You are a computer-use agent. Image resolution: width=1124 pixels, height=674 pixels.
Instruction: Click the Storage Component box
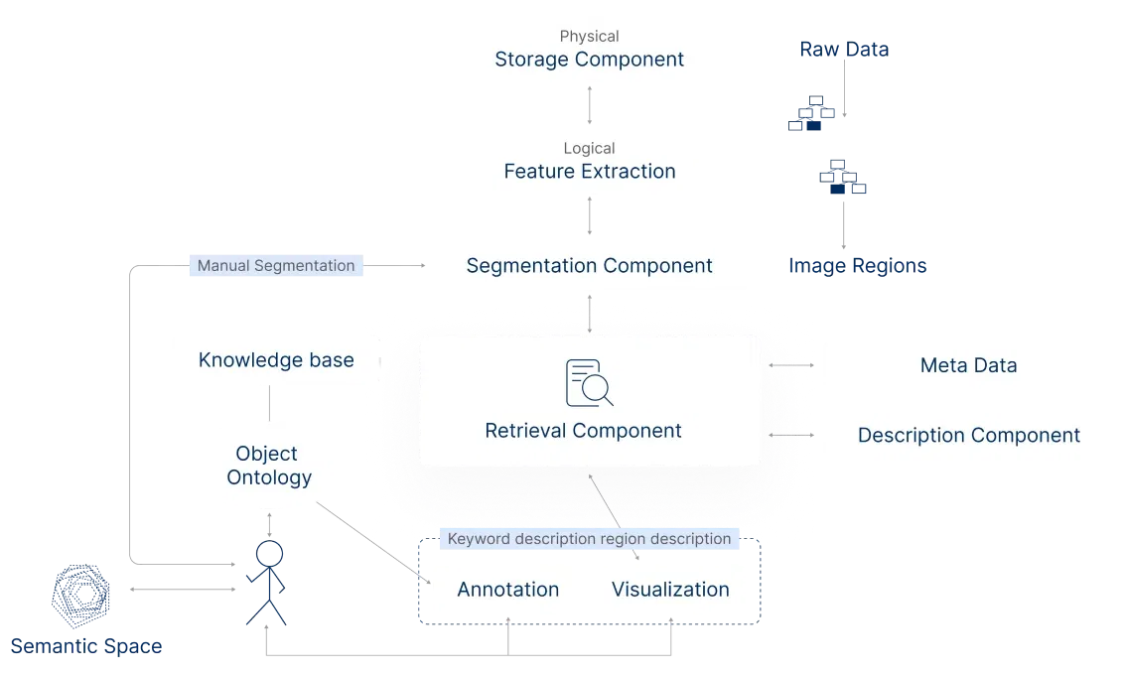point(589,51)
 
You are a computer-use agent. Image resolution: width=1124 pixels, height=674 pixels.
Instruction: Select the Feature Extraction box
point(589,162)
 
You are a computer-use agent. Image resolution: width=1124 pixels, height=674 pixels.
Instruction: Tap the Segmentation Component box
point(589,266)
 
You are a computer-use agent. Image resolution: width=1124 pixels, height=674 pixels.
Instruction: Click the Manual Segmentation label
point(276,266)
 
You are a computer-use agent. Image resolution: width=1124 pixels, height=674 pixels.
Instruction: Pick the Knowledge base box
point(276,360)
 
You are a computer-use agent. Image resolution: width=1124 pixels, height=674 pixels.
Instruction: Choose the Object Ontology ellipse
point(268,466)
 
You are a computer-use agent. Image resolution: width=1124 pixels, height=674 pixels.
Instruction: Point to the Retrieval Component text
point(583,431)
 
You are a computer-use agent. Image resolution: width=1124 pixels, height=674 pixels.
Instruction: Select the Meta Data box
point(968,365)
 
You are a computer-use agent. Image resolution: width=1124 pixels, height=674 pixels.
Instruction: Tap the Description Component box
point(968,435)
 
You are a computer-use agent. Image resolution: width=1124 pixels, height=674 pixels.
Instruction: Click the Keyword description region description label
point(589,539)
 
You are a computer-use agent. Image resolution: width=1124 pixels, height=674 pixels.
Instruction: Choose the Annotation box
point(507,590)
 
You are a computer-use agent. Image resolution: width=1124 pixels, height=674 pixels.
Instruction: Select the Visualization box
point(670,590)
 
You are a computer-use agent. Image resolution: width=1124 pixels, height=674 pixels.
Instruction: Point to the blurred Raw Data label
point(844,50)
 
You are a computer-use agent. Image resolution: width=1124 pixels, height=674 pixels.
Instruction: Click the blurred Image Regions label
point(857,266)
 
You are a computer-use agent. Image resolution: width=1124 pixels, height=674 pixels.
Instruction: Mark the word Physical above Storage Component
point(589,36)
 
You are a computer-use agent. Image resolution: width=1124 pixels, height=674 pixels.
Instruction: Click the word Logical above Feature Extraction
point(589,148)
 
